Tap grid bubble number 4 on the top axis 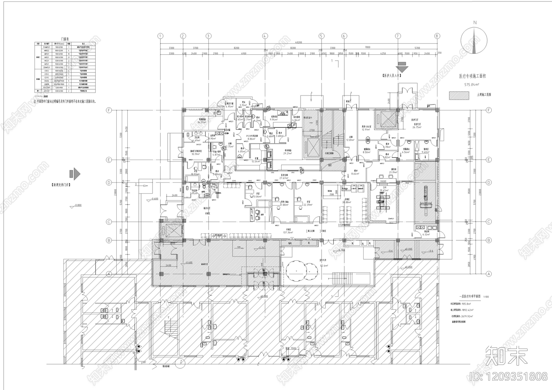point(265,36)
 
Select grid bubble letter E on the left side point(109,160)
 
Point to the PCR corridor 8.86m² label point(250,138)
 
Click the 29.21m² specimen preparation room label point(288,153)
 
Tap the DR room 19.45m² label point(384,190)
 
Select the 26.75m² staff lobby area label point(417,127)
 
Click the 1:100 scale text point(486,297)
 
